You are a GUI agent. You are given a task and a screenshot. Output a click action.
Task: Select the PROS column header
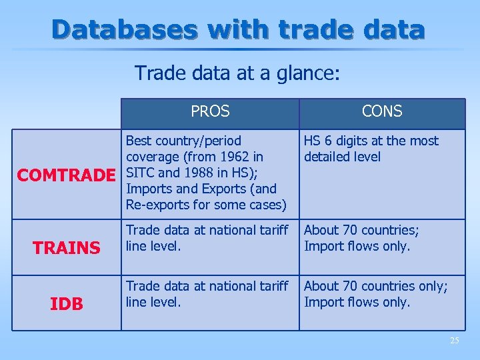[x=210, y=112]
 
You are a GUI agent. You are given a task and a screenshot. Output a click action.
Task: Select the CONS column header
[x=382, y=112]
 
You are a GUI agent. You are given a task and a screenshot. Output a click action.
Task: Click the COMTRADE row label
[x=67, y=175]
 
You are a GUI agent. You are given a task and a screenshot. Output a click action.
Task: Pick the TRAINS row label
[x=67, y=248]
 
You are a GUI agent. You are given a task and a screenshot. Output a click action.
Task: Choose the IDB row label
[x=67, y=304]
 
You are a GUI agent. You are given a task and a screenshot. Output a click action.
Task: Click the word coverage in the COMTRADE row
[x=153, y=157]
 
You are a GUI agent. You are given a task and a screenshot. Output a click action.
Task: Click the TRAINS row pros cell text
[x=207, y=238]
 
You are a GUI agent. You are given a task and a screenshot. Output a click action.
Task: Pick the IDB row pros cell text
[x=207, y=294]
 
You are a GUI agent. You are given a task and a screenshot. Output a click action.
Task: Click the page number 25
[x=454, y=341]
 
